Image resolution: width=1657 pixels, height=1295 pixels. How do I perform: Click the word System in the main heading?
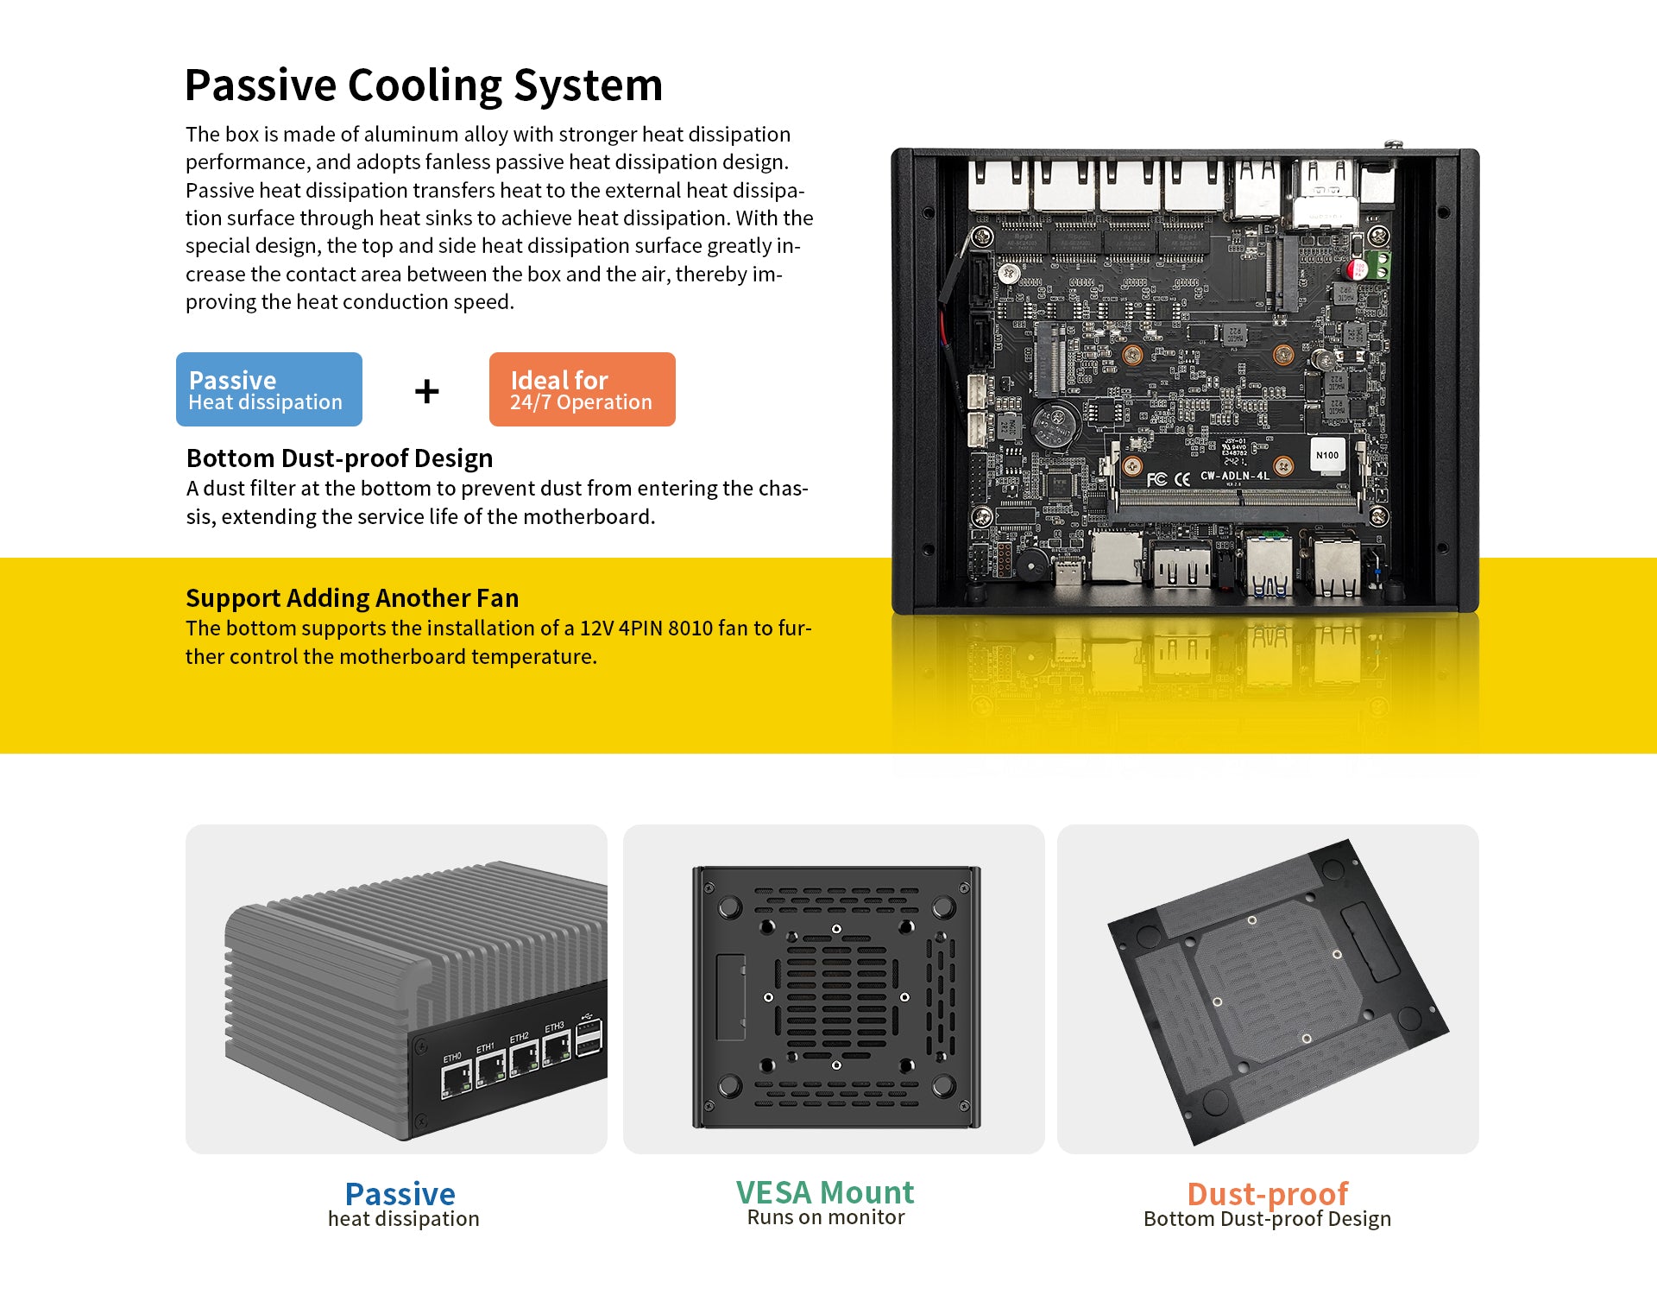pos(588,85)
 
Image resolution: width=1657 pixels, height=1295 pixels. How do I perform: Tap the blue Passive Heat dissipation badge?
pos(269,389)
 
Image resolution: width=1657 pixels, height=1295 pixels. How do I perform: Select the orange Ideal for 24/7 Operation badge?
pos(583,389)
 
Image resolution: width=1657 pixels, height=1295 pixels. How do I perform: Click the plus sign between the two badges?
pos(426,391)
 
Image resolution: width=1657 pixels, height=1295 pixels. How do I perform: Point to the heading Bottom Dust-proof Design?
pos(339,458)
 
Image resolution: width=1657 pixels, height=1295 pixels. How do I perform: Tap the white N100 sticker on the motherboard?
pos(1327,455)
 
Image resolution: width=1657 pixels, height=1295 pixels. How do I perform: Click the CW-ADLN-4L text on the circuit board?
pos(1234,476)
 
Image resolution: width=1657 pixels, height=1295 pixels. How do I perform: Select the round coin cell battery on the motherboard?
pos(1055,422)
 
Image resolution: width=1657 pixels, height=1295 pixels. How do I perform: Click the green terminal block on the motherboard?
pos(1379,265)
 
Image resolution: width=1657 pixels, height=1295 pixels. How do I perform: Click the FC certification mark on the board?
pos(1156,479)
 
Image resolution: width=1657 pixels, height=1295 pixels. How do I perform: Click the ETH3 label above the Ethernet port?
pos(554,1027)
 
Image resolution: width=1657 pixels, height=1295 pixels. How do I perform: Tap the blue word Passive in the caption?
pos(400,1194)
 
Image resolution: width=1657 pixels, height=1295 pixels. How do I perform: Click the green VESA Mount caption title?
pos(824,1192)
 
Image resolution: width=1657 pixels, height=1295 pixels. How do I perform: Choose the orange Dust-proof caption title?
pos(1267,1194)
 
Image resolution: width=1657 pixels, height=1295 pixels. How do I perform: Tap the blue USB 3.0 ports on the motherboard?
pos(1269,565)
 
